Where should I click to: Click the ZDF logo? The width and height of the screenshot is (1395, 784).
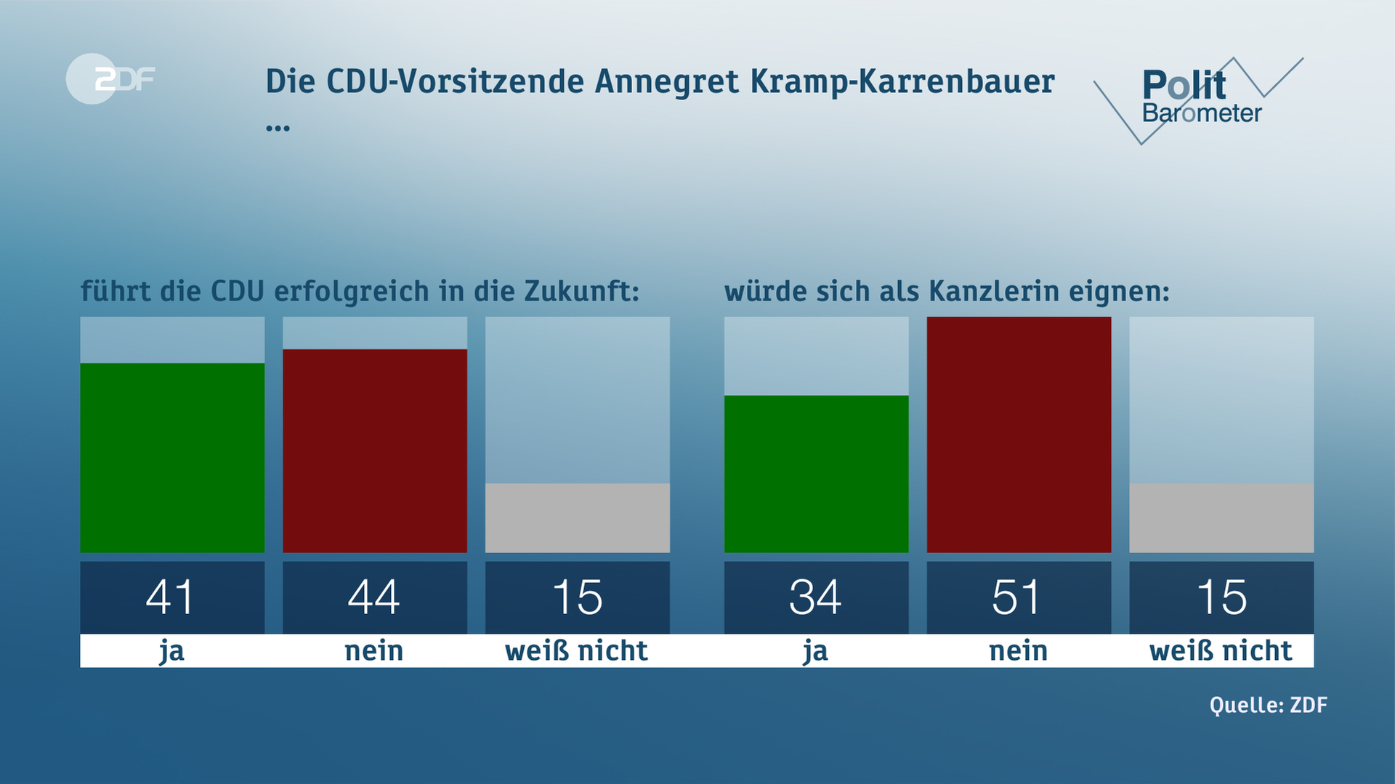(x=110, y=78)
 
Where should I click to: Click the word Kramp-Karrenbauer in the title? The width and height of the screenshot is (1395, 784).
(x=902, y=81)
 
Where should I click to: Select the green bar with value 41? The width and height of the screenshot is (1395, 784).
(x=172, y=457)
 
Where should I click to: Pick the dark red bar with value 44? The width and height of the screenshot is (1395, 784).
(x=374, y=450)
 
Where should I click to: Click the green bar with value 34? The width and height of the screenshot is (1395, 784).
(x=816, y=473)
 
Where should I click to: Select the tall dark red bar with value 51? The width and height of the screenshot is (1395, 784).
(x=1019, y=434)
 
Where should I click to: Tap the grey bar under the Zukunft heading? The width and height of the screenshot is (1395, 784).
(x=577, y=518)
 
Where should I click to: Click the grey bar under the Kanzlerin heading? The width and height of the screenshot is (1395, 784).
(x=1221, y=518)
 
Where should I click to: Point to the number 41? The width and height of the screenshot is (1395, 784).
(x=170, y=597)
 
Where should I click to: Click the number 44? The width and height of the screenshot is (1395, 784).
(x=373, y=597)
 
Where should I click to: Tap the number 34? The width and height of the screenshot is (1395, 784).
(x=815, y=597)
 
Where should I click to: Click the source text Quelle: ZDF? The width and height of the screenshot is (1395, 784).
(x=1268, y=705)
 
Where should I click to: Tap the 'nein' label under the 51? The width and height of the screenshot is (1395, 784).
(x=1018, y=650)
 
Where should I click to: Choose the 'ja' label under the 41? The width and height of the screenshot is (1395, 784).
(x=171, y=651)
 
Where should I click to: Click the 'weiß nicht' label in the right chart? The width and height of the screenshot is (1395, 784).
(x=1221, y=650)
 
